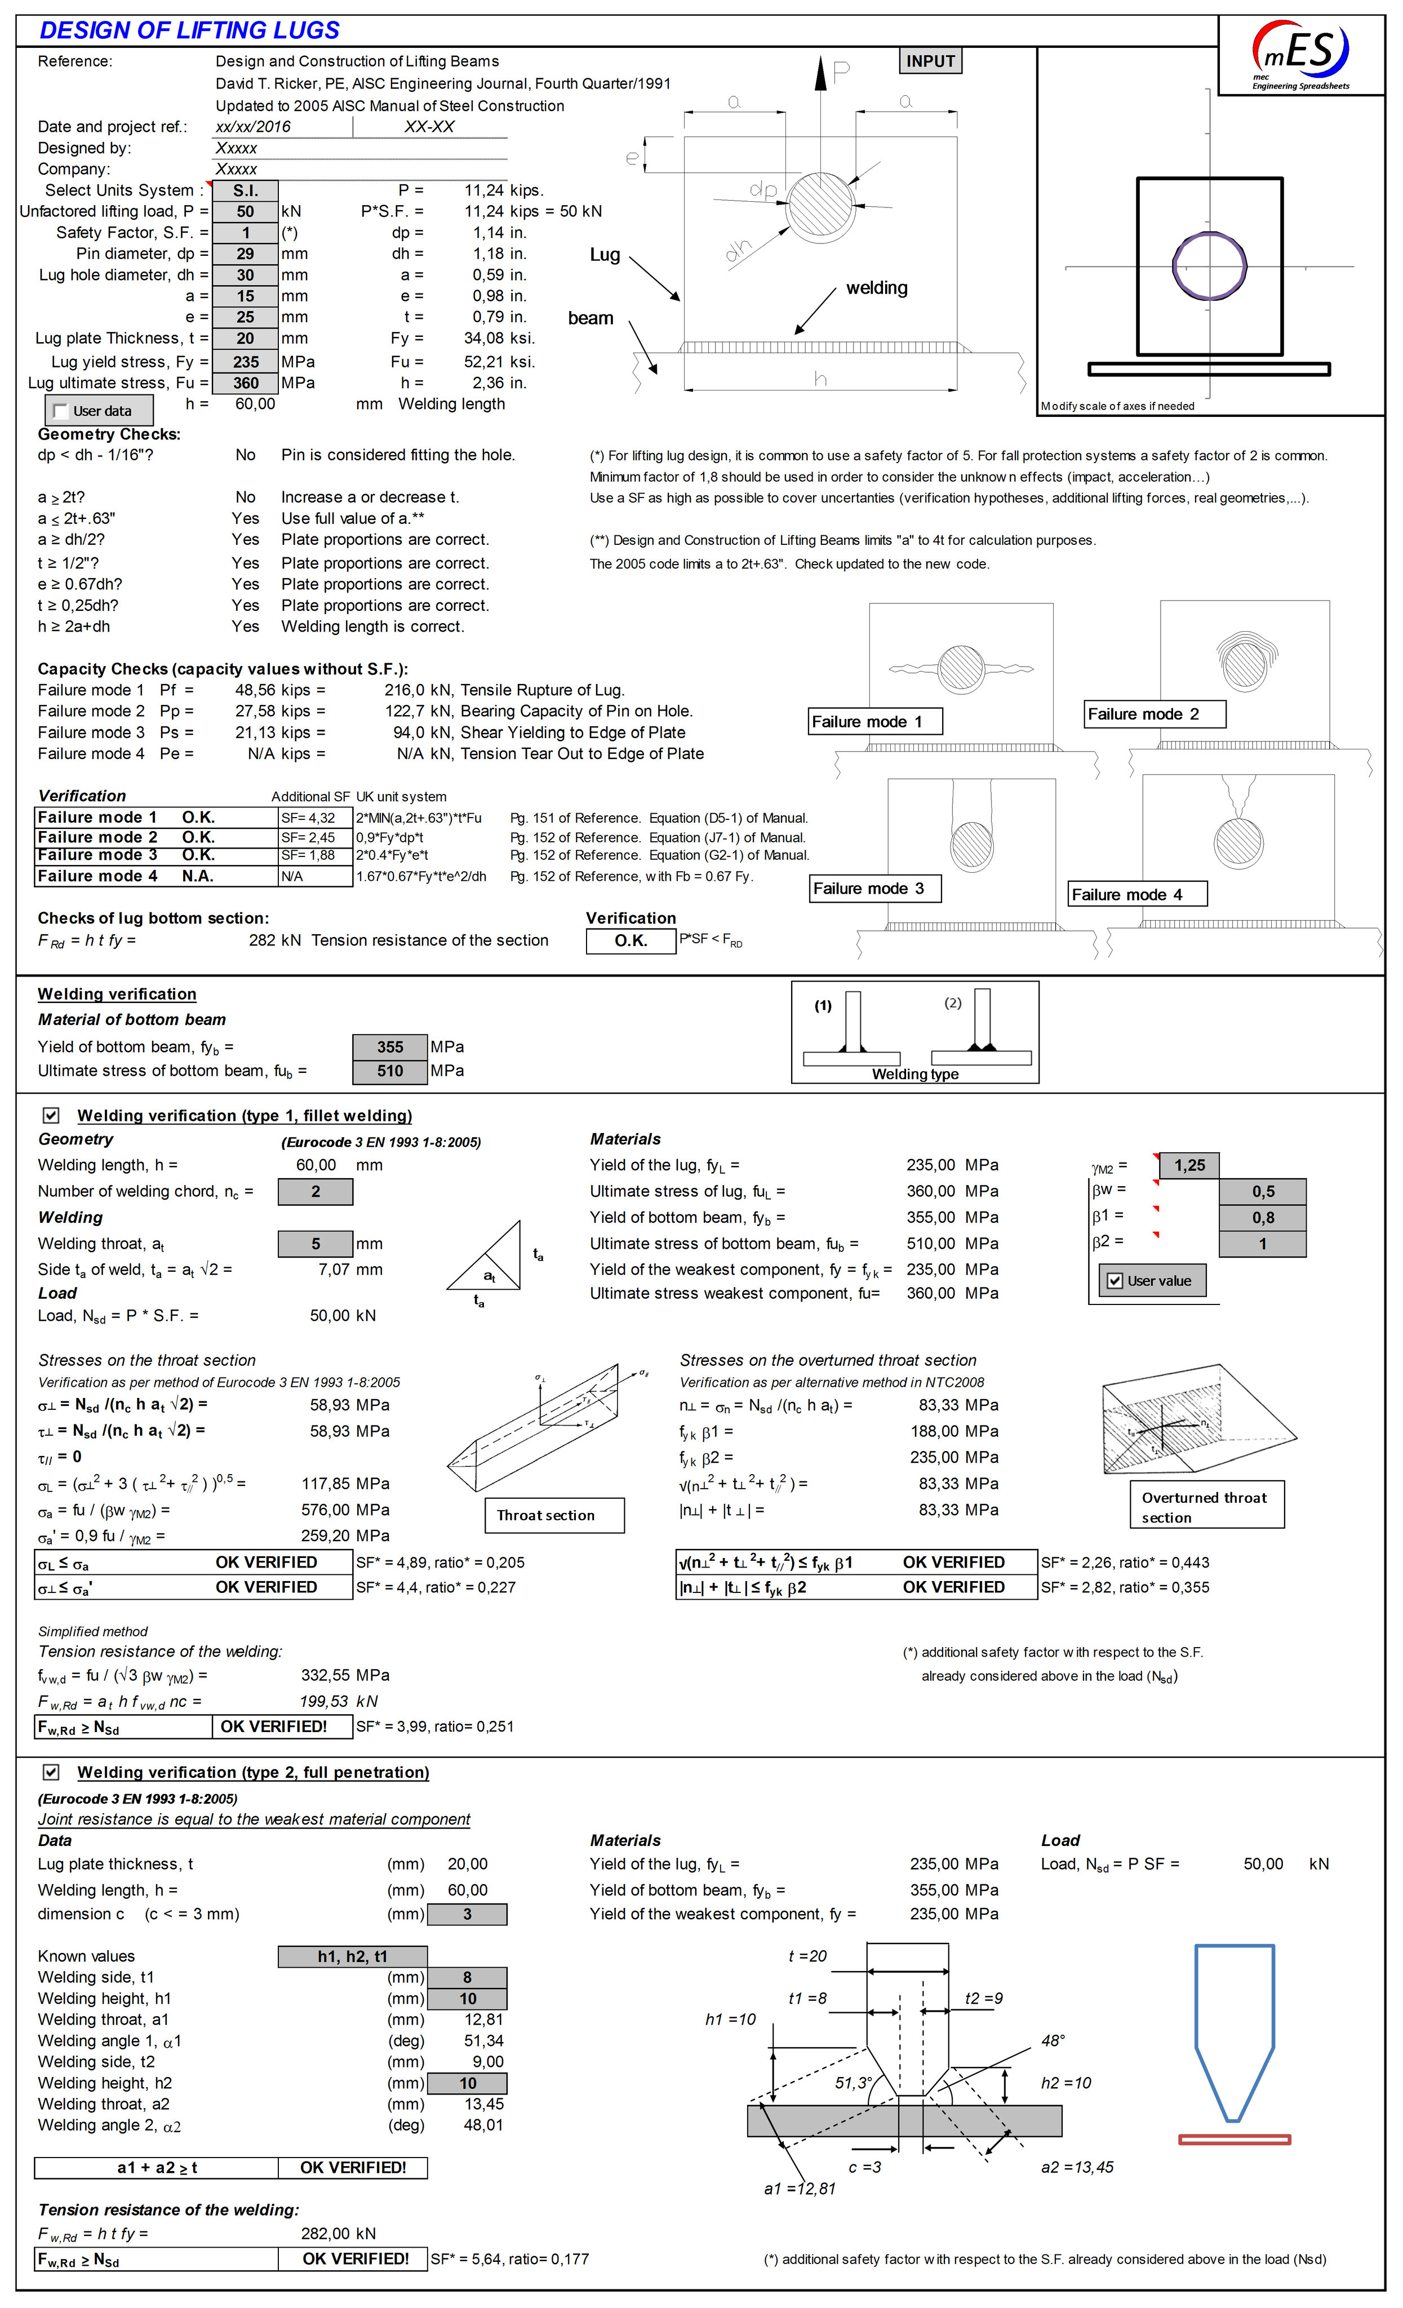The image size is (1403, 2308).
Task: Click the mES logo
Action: tap(1301, 54)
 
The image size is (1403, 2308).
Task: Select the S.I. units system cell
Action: tap(245, 190)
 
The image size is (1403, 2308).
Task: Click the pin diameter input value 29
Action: tap(245, 254)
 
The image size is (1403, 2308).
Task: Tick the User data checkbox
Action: tap(61, 410)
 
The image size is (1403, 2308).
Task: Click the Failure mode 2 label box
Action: tap(1154, 714)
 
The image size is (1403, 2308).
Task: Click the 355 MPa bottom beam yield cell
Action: tap(389, 1046)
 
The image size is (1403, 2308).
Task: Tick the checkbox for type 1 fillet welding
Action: tap(51, 1115)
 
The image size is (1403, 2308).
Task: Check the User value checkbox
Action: tap(1115, 1280)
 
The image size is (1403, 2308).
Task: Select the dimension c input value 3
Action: tap(467, 1914)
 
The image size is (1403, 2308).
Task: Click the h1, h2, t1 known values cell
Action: tap(352, 1956)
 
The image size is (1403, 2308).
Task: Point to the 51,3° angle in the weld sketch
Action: tap(853, 2082)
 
